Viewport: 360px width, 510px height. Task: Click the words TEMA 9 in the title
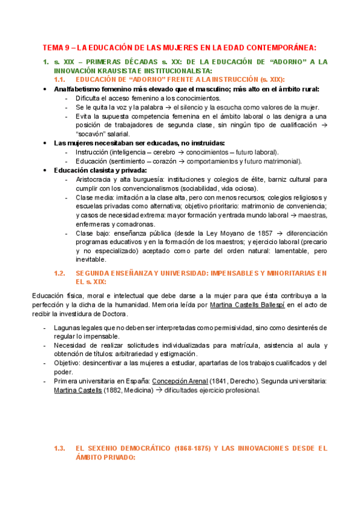tap(55, 48)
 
